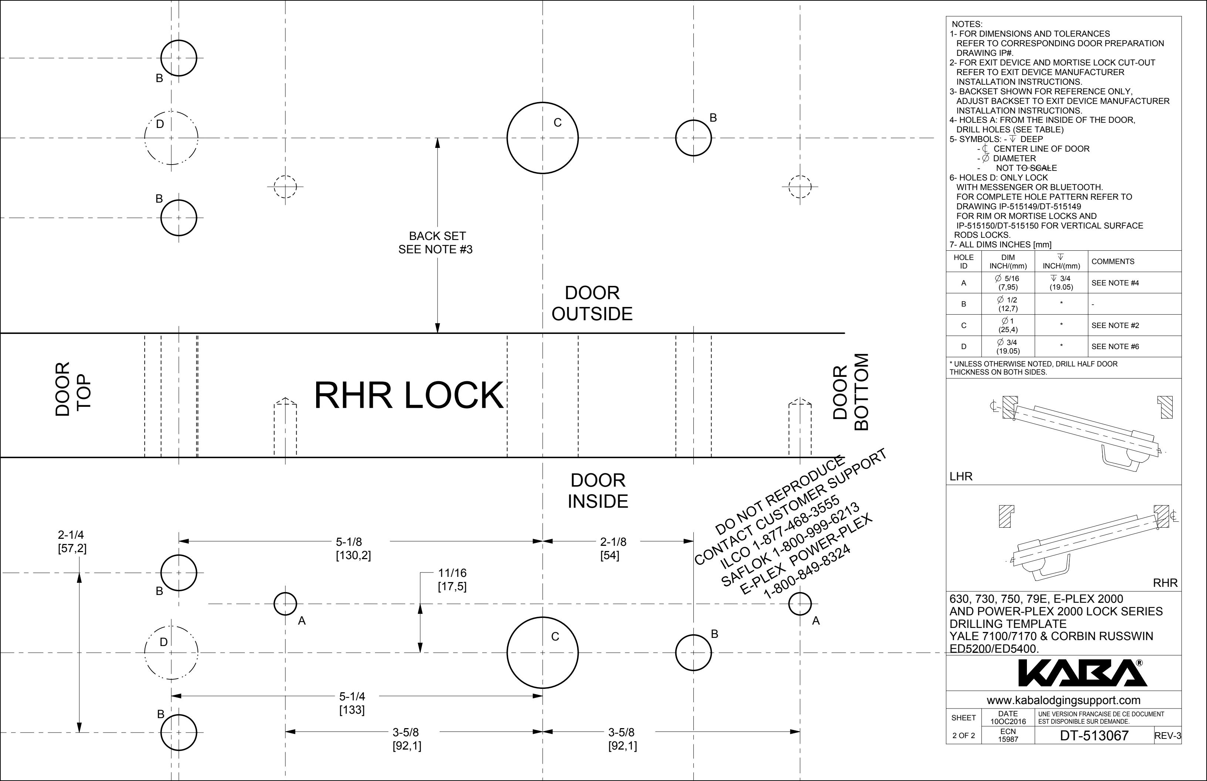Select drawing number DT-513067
tap(1094, 736)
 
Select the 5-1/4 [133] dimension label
tap(352, 703)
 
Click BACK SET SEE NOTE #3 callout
tap(436, 243)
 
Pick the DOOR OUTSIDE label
tap(592, 303)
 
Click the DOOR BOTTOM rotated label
tap(851, 392)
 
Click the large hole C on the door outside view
tap(542, 138)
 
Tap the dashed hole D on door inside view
tap(172, 653)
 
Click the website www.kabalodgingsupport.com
tap(1064, 700)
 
